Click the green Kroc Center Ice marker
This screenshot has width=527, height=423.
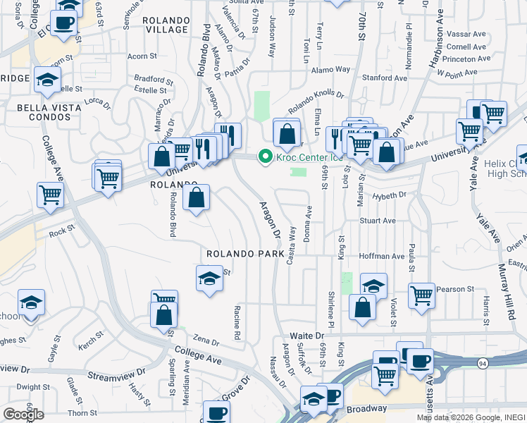tap(266, 157)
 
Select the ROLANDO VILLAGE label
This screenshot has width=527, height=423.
tap(166, 25)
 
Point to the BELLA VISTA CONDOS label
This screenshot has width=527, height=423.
tap(46, 112)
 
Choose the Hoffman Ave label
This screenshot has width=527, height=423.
tap(381, 257)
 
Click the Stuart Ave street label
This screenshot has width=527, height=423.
tap(378, 221)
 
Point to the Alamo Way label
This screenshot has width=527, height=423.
tap(333, 70)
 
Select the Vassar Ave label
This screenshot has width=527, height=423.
tap(467, 34)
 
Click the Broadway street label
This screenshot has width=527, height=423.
tap(366, 409)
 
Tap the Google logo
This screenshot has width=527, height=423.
tap(23, 415)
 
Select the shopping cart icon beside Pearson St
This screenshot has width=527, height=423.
tap(421, 296)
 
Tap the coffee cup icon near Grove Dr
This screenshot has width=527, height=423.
tap(216, 412)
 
